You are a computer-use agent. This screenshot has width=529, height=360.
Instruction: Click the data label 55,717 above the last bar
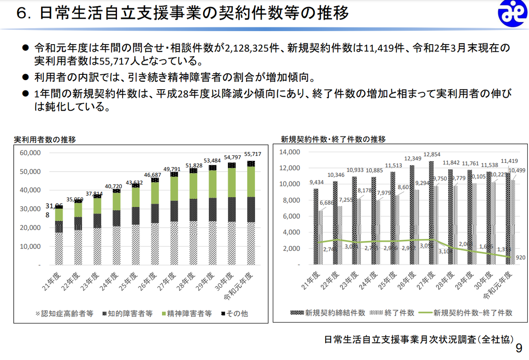[x=253, y=154]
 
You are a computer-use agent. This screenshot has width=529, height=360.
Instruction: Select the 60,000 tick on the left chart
[x=30, y=153]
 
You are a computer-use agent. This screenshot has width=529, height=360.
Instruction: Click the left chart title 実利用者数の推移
[x=45, y=139]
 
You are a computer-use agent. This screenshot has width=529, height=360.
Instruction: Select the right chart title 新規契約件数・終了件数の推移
[x=333, y=139]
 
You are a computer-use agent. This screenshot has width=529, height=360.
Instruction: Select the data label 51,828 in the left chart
[x=193, y=165]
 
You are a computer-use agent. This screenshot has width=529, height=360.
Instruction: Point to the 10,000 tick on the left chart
[x=30, y=246]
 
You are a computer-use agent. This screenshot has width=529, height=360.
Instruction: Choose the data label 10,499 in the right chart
[x=516, y=170]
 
